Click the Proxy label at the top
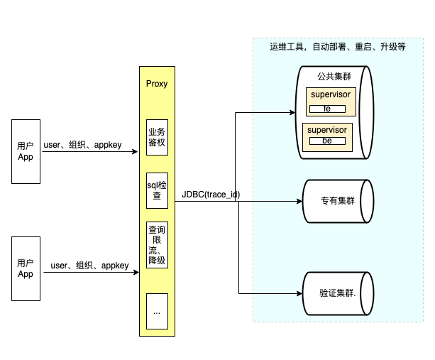pyautogui.click(x=157, y=84)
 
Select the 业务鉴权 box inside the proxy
pyautogui.click(x=157, y=137)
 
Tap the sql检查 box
pyautogui.click(x=157, y=190)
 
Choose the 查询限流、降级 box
pyautogui.click(x=157, y=245)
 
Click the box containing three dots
pyautogui.click(x=157, y=311)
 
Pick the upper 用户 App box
pyautogui.click(x=26, y=151)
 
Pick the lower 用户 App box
pyautogui.click(x=26, y=268)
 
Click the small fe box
pyautogui.click(x=327, y=109)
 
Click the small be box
pyautogui.click(x=327, y=141)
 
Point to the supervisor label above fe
pyautogui.click(x=331, y=94)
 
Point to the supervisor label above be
pyautogui.click(x=327, y=130)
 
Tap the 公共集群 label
pyautogui.click(x=334, y=76)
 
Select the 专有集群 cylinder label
pyautogui.click(x=338, y=201)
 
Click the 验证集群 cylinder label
pyautogui.click(x=338, y=293)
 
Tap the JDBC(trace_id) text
pyautogui.click(x=211, y=195)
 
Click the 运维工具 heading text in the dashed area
pyautogui.click(x=338, y=47)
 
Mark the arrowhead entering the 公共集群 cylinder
pyautogui.click(x=292, y=112)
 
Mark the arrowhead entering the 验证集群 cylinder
pyautogui.click(x=299, y=293)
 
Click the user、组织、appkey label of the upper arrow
pyautogui.click(x=83, y=145)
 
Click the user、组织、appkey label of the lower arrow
pyautogui.click(x=89, y=266)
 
